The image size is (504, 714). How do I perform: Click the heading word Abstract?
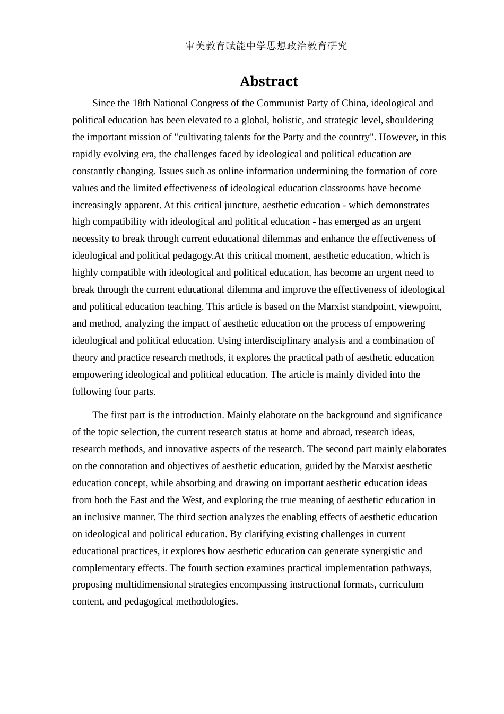pyautogui.click(x=268, y=81)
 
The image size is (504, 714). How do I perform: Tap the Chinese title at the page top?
pyautogui.click(x=266, y=46)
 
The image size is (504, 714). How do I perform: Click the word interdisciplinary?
pyautogui.click(x=287, y=341)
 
